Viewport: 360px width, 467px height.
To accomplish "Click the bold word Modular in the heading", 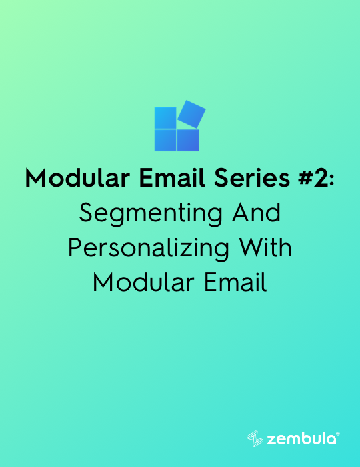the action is coord(77,178).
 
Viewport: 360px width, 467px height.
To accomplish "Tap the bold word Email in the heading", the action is coord(172,177).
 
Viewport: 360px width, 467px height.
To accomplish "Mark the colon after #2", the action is coord(331,181).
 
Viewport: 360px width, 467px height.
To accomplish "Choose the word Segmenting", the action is coord(151,214).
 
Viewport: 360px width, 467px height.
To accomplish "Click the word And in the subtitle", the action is coord(256,213).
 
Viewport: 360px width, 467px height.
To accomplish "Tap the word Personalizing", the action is coord(149,249).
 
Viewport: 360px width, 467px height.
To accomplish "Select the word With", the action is coord(265,248).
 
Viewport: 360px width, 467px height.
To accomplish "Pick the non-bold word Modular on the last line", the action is coord(144,282).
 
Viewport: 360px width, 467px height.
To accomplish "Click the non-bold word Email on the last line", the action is coord(235,282).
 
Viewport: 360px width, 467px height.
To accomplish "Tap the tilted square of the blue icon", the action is coord(191,114).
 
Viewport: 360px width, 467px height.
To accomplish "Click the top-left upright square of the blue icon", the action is coord(165,118).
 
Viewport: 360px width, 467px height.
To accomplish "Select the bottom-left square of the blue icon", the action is coord(165,140).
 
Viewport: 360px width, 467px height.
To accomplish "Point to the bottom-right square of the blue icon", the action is coord(188,140).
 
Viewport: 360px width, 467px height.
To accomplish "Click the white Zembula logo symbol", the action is coord(255,439).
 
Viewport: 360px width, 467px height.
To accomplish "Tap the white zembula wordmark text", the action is coord(301,439).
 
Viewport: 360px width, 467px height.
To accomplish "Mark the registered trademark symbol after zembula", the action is coord(338,434).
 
